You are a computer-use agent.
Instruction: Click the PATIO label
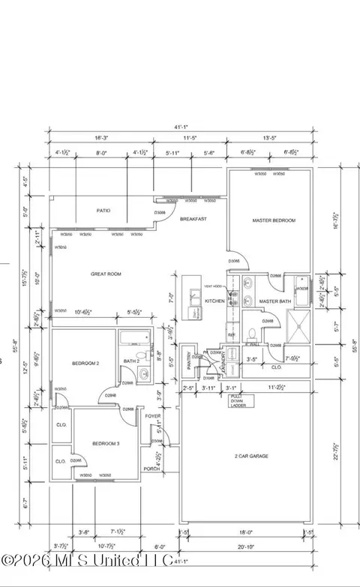tap(103, 211)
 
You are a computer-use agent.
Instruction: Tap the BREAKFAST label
tap(193, 219)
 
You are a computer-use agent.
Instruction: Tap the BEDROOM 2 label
tap(85, 364)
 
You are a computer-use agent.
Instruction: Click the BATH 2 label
tap(130, 362)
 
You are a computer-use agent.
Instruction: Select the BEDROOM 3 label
tap(104, 444)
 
